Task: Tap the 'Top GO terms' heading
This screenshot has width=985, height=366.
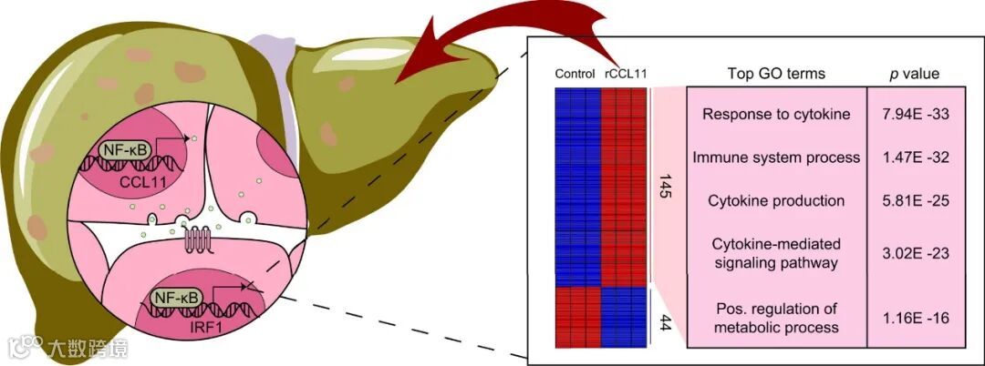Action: pos(776,74)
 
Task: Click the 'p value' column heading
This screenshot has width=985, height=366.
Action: pos(914,74)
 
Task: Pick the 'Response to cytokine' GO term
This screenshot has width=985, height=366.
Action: pos(776,115)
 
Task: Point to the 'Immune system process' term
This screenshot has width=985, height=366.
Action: pos(776,158)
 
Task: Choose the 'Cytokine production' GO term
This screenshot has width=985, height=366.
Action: pos(776,200)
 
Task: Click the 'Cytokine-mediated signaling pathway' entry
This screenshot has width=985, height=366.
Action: pos(776,253)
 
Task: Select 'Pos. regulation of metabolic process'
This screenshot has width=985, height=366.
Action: pos(776,317)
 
